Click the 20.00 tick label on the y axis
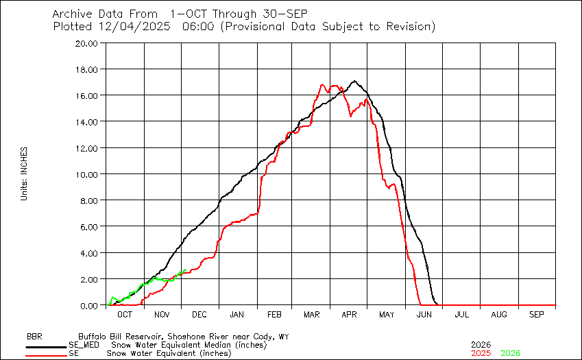pyautogui.click(x=90, y=43)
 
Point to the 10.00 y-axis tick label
pyautogui.click(x=90, y=174)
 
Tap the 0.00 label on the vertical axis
pyautogui.click(x=92, y=305)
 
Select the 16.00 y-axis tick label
pyautogui.click(x=90, y=95)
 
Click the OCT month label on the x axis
pyautogui.click(x=125, y=314)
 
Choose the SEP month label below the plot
pyautogui.click(x=537, y=314)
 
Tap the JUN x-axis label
pyautogui.click(x=424, y=314)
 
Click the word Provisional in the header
pyautogui.click(x=256, y=27)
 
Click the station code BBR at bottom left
pyautogui.click(x=34, y=337)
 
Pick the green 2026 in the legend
pyautogui.click(x=510, y=352)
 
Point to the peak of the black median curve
pyautogui.click(x=354, y=81)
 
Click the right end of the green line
pyautogui.click(x=185, y=270)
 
